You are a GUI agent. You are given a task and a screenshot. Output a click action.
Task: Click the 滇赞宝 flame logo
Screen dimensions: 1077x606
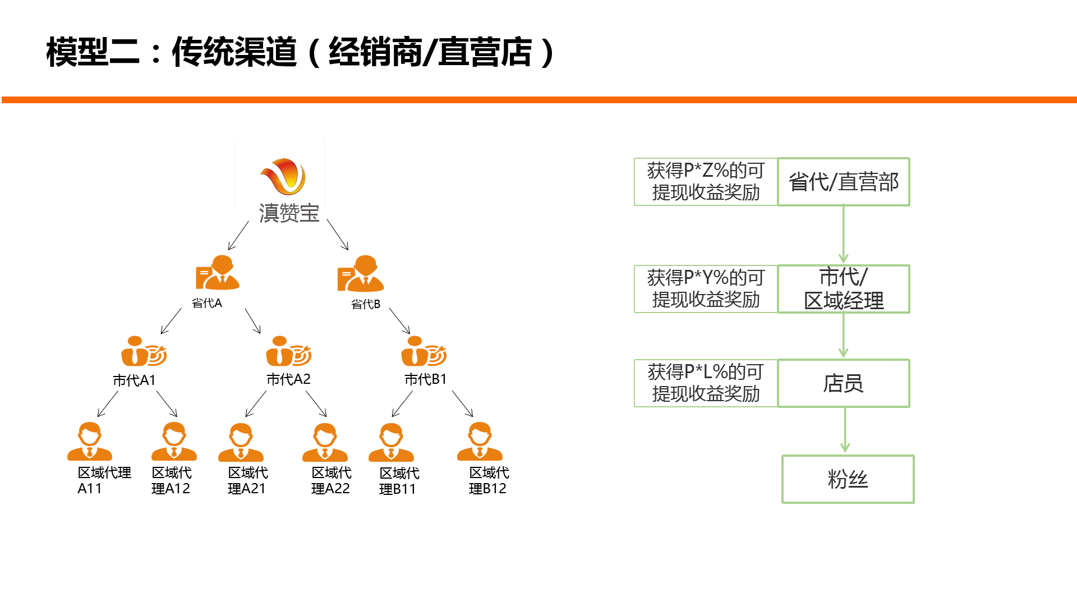(283, 176)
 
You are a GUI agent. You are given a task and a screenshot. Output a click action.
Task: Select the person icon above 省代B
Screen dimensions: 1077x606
(361, 274)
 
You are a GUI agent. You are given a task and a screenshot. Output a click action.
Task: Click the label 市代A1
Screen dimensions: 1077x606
(134, 380)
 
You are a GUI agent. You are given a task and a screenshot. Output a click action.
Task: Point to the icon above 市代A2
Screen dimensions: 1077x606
(288, 351)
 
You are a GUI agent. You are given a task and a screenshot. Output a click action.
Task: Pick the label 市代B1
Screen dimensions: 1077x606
(426, 379)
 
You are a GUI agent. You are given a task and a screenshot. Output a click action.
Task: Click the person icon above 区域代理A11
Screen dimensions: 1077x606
(90, 442)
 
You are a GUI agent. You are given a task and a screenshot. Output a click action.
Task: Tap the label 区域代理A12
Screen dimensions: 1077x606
(171, 480)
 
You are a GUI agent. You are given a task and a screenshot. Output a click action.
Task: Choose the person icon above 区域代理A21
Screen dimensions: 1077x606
(241, 442)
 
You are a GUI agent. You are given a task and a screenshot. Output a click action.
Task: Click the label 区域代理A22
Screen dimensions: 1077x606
(331, 480)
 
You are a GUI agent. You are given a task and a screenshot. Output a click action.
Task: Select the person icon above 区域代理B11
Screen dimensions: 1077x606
(391, 442)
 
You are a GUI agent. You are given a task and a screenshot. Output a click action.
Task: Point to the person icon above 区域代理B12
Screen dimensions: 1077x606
(480, 442)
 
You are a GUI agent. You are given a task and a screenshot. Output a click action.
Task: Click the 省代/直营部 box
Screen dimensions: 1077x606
(844, 182)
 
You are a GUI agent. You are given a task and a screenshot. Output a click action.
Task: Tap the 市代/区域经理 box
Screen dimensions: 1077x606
(844, 289)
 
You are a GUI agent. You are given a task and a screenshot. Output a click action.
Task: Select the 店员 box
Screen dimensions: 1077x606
(844, 383)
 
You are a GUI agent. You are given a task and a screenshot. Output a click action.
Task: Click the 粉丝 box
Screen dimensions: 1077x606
(848, 479)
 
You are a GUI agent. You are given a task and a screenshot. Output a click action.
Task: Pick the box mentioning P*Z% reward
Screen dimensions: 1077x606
(706, 182)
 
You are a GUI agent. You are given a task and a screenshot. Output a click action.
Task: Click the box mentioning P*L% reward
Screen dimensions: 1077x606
(706, 383)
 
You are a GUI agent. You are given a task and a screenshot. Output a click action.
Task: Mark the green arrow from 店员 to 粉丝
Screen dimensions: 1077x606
(845, 430)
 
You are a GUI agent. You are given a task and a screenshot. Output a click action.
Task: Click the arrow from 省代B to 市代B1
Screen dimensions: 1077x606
(399, 321)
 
